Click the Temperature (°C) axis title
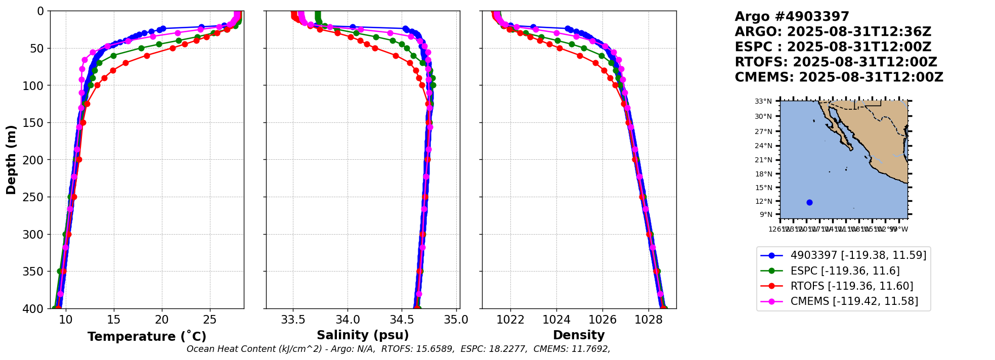pyautogui.click(x=147, y=337)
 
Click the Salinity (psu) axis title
pyautogui.click(x=363, y=335)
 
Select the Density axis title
pyautogui.click(x=579, y=335)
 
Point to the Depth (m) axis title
pyautogui.click(x=11, y=159)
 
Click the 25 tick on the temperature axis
pyautogui.click(x=210, y=320)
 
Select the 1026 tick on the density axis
pyautogui.click(x=602, y=320)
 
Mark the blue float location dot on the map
pyautogui.click(x=809, y=202)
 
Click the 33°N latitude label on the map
pyautogui.click(x=763, y=102)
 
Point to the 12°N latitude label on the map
pyautogui.click(x=763, y=201)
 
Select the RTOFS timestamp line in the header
pyautogui.click(x=836, y=62)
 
